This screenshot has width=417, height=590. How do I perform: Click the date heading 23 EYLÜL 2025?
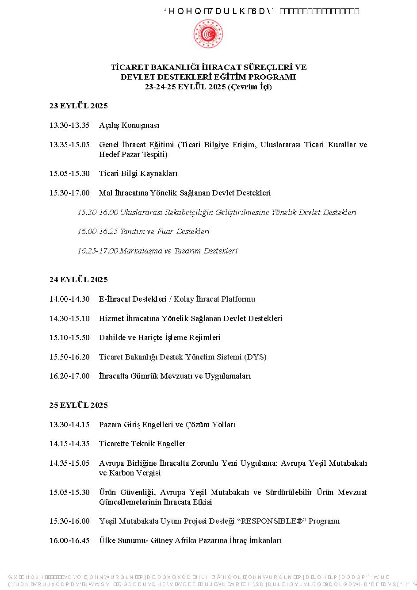[x=78, y=106]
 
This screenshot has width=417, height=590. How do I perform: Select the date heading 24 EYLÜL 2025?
[x=78, y=280]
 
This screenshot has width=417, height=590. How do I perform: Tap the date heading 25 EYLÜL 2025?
[x=78, y=406]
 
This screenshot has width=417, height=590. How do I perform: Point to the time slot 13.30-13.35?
[x=69, y=126]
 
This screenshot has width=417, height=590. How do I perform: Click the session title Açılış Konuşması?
[x=129, y=126]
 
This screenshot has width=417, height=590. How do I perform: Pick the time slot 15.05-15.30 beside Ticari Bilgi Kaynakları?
[x=69, y=174]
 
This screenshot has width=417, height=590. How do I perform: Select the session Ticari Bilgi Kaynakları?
[x=138, y=174]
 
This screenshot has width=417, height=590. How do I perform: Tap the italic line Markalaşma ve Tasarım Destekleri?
[x=179, y=251]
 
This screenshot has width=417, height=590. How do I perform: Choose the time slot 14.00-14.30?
[x=69, y=299]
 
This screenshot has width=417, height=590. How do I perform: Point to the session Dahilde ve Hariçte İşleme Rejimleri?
[x=160, y=338]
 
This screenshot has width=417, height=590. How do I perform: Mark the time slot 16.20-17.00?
[x=69, y=376]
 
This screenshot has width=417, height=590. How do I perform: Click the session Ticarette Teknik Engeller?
[x=142, y=444]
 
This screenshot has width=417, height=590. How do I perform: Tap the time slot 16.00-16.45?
[x=69, y=541]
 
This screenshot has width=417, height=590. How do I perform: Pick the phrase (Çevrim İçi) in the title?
[x=250, y=87]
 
